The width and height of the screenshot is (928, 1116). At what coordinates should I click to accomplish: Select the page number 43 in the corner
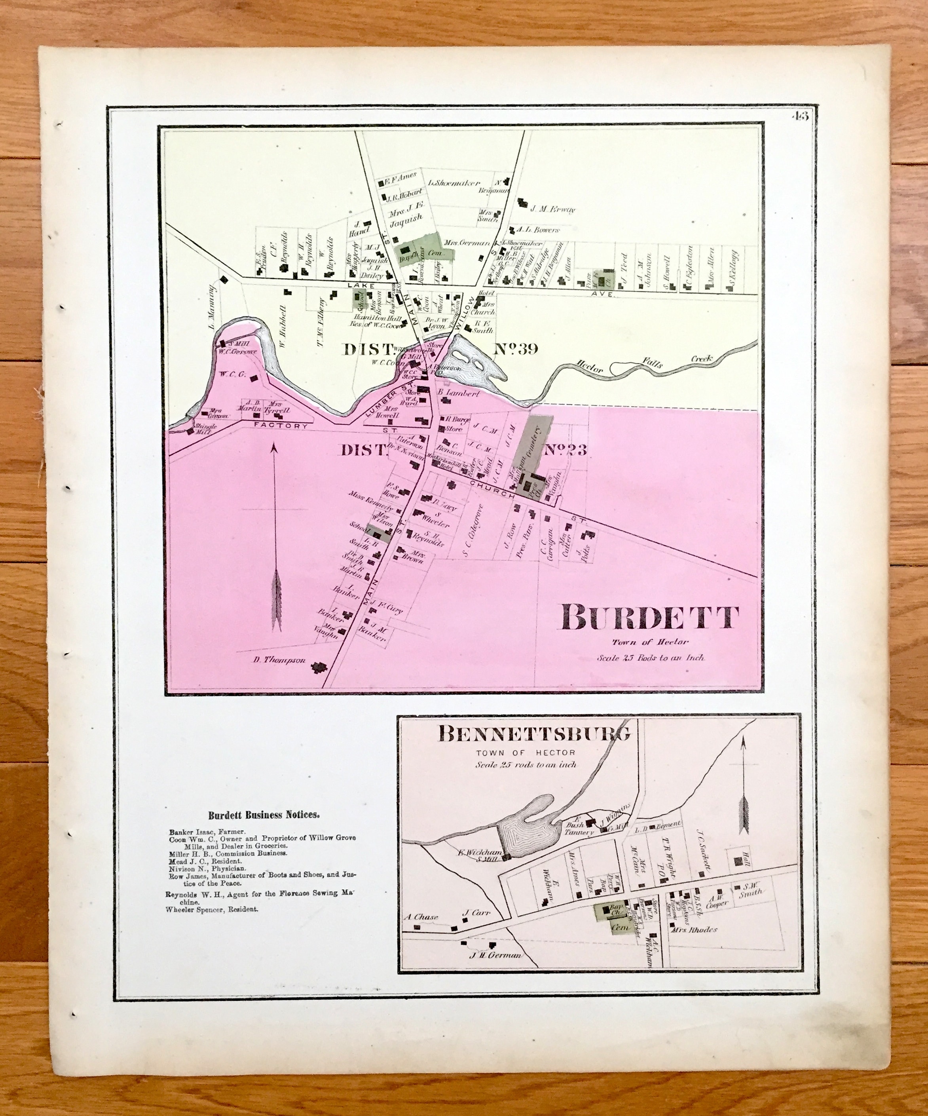799,116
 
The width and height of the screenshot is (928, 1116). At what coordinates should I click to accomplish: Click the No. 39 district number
516,349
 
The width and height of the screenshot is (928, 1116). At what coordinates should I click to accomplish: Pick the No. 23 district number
565,450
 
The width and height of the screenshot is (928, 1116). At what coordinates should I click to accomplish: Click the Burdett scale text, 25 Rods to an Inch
650,658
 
